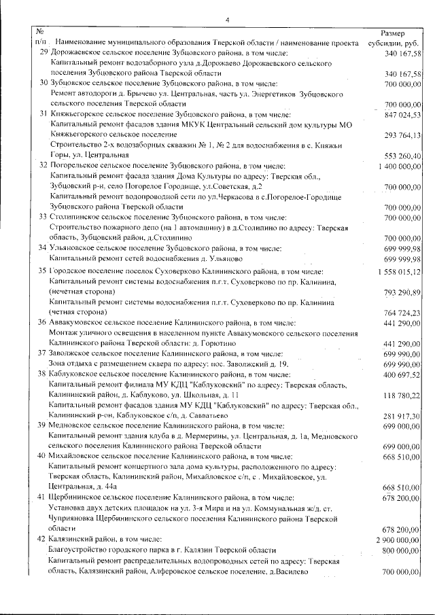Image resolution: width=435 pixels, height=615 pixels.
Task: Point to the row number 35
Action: click(42, 270)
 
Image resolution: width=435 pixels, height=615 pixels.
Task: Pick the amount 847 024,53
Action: click(402, 115)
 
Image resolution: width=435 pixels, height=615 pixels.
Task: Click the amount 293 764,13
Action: click(402, 135)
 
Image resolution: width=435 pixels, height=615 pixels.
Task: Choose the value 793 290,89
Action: click(402, 292)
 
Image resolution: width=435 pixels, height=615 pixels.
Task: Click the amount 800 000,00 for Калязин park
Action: click(402, 549)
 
